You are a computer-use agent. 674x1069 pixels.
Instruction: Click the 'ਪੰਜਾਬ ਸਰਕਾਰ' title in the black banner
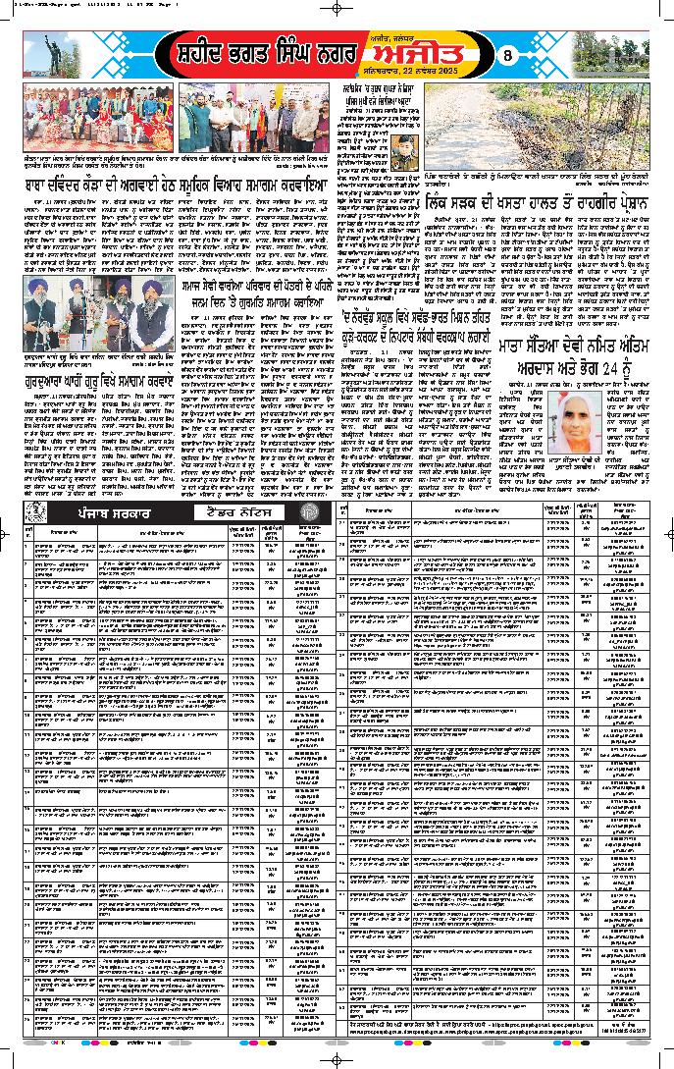click(x=112, y=513)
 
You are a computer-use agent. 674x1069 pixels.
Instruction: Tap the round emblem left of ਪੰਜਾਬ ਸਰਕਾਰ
click(x=37, y=513)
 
